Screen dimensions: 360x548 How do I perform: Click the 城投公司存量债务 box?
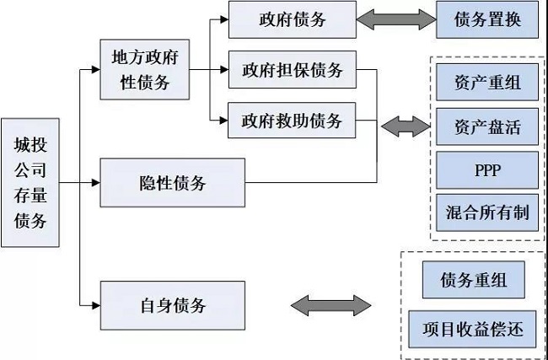pyautogui.click(x=30, y=182)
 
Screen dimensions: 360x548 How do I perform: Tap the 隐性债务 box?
pyautogui.click(x=172, y=182)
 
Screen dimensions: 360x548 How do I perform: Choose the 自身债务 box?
pyautogui.click(x=172, y=304)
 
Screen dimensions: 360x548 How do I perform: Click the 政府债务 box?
pyautogui.click(x=291, y=19)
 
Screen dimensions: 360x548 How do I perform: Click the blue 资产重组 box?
pyautogui.click(x=486, y=85)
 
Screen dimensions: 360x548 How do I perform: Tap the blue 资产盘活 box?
pyautogui.click(x=486, y=128)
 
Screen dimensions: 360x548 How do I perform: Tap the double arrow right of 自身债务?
pyautogui.click(x=330, y=304)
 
